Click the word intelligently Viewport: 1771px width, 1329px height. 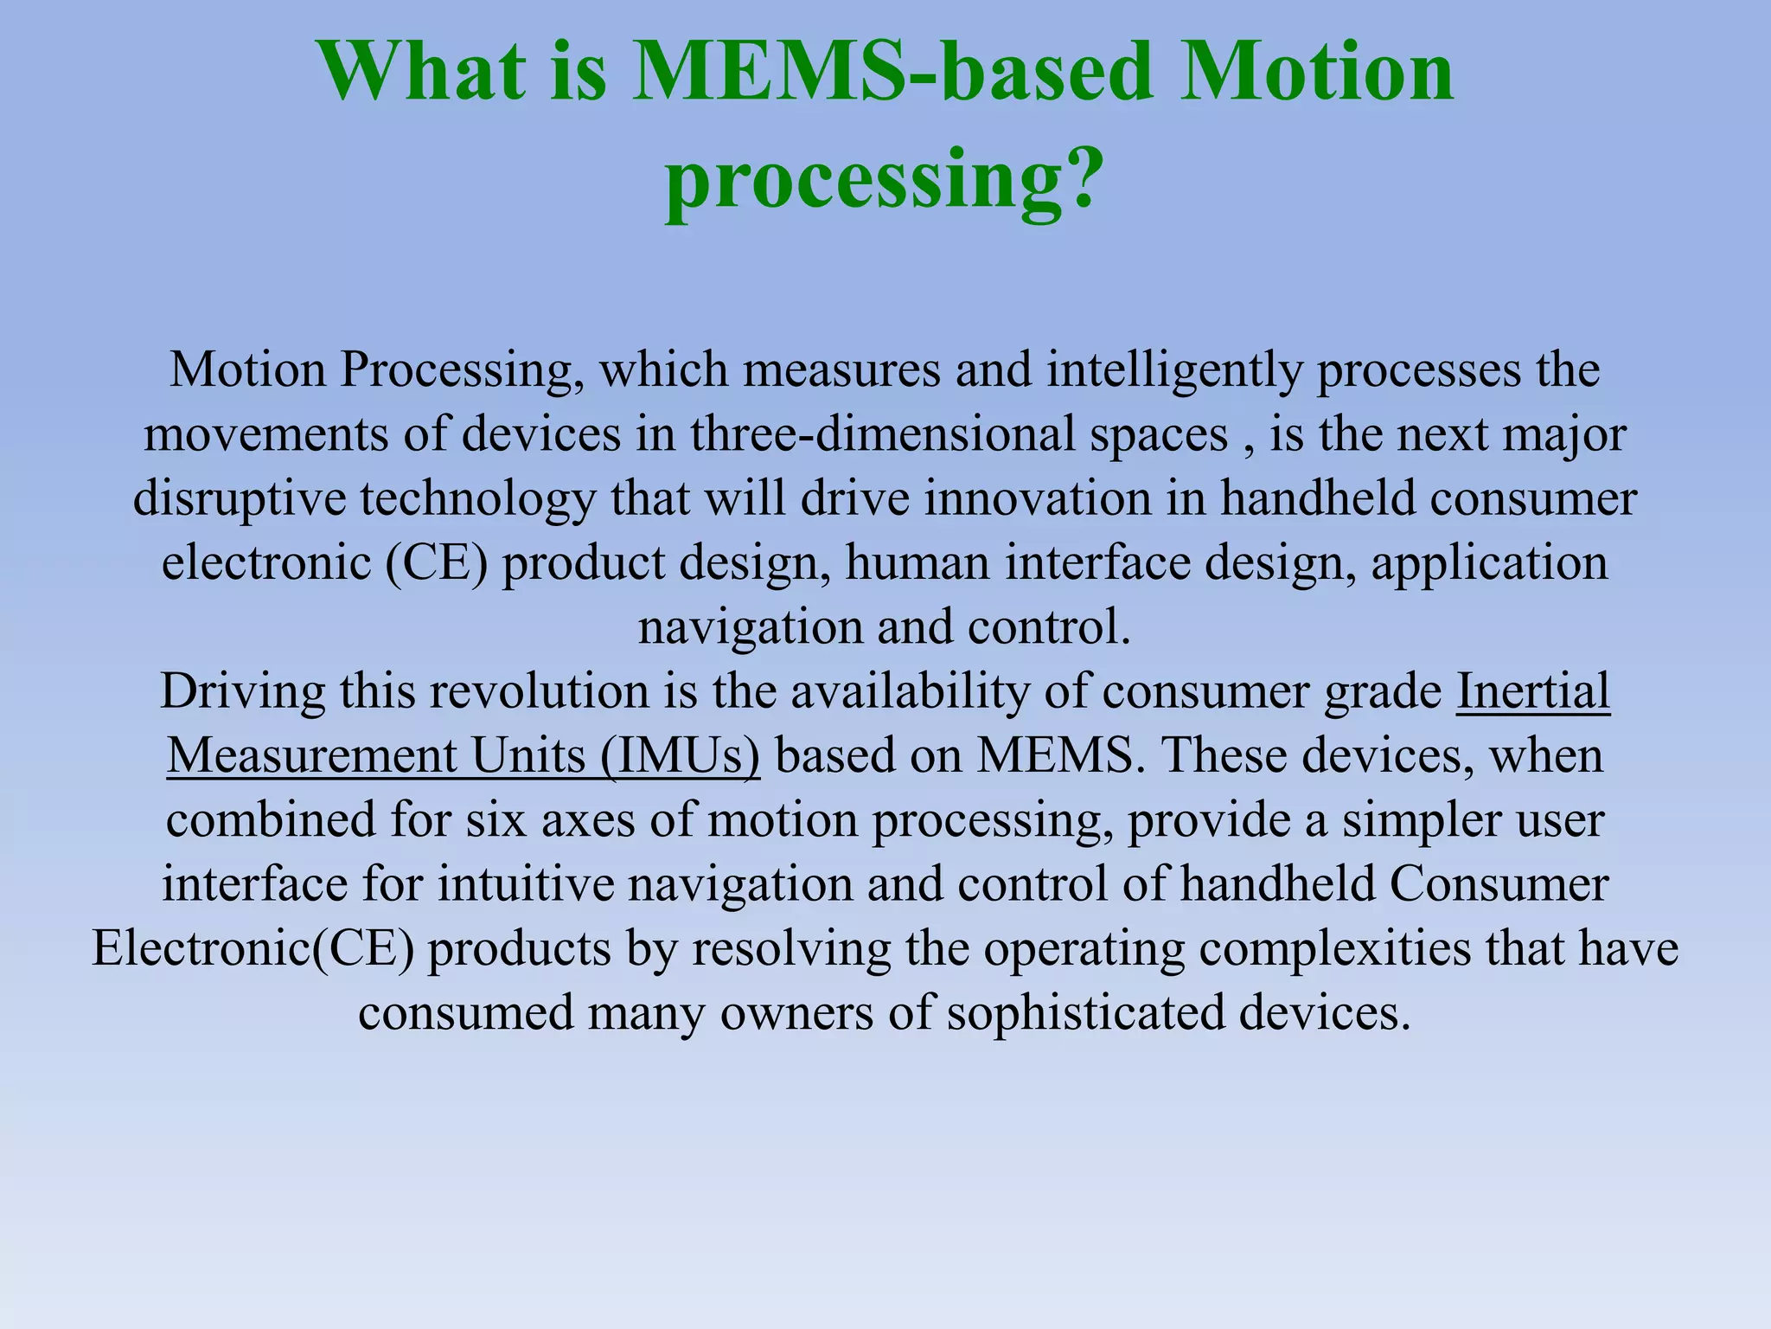point(1173,370)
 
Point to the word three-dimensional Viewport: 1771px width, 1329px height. point(882,434)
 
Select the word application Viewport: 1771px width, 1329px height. point(1489,563)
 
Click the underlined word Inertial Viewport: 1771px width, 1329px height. point(1533,691)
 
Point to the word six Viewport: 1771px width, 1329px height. point(495,819)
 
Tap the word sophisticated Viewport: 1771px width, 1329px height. point(1085,1012)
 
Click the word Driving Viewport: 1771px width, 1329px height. point(243,691)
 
